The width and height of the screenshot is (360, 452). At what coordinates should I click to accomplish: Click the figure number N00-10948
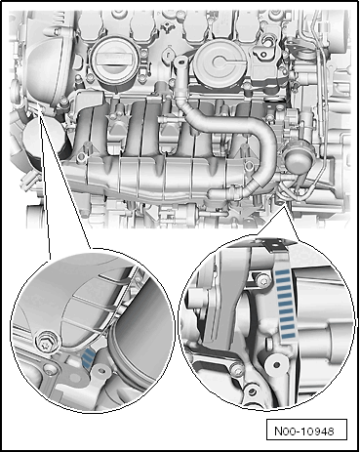click(x=304, y=431)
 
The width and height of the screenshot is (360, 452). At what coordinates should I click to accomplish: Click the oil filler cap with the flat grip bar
click(x=112, y=61)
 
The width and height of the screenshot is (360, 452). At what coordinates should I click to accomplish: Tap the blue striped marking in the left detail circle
click(x=88, y=357)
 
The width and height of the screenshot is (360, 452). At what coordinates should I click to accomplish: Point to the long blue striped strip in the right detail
click(x=285, y=305)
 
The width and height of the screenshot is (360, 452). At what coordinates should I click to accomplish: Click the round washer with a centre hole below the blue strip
click(x=276, y=365)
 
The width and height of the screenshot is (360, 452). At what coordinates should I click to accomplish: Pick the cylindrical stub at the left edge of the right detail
click(x=194, y=299)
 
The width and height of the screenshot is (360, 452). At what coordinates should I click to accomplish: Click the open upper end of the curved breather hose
click(x=180, y=61)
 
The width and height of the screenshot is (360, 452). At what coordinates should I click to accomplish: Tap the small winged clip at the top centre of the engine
click(x=168, y=26)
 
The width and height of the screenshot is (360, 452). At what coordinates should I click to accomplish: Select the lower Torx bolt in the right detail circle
click(x=237, y=369)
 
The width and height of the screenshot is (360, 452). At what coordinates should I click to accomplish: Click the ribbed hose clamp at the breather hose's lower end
click(x=235, y=192)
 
